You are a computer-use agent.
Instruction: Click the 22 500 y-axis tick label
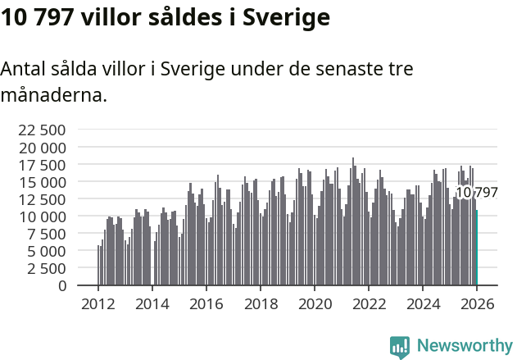tap(41, 130)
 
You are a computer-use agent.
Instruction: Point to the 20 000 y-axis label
tap(41, 148)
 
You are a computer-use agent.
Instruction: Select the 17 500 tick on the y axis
tap(41, 165)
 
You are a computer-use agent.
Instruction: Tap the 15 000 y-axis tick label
tap(41, 182)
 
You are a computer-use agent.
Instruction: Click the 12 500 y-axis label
tap(41, 199)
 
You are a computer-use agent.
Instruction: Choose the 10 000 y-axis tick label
tap(41, 216)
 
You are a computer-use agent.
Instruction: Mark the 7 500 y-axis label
tap(46, 234)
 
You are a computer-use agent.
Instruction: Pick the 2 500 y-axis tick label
tap(46, 268)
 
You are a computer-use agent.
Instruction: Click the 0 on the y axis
tap(61, 285)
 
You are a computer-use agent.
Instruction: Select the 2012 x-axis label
tap(98, 304)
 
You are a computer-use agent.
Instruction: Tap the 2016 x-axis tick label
tap(206, 304)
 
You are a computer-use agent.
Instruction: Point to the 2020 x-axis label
tap(315, 304)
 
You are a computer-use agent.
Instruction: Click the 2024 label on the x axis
tap(423, 304)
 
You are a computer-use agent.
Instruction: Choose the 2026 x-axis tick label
tap(477, 304)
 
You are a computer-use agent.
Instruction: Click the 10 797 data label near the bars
tap(476, 193)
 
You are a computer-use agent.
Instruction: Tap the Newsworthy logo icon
tap(400, 346)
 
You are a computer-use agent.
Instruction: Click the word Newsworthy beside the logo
tap(465, 346)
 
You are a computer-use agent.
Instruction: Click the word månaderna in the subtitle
tap(53, 96)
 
